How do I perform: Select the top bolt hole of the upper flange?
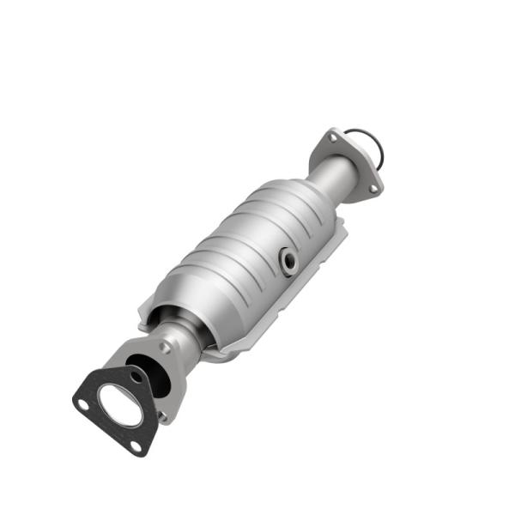331,137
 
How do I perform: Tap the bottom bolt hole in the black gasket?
135,445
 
